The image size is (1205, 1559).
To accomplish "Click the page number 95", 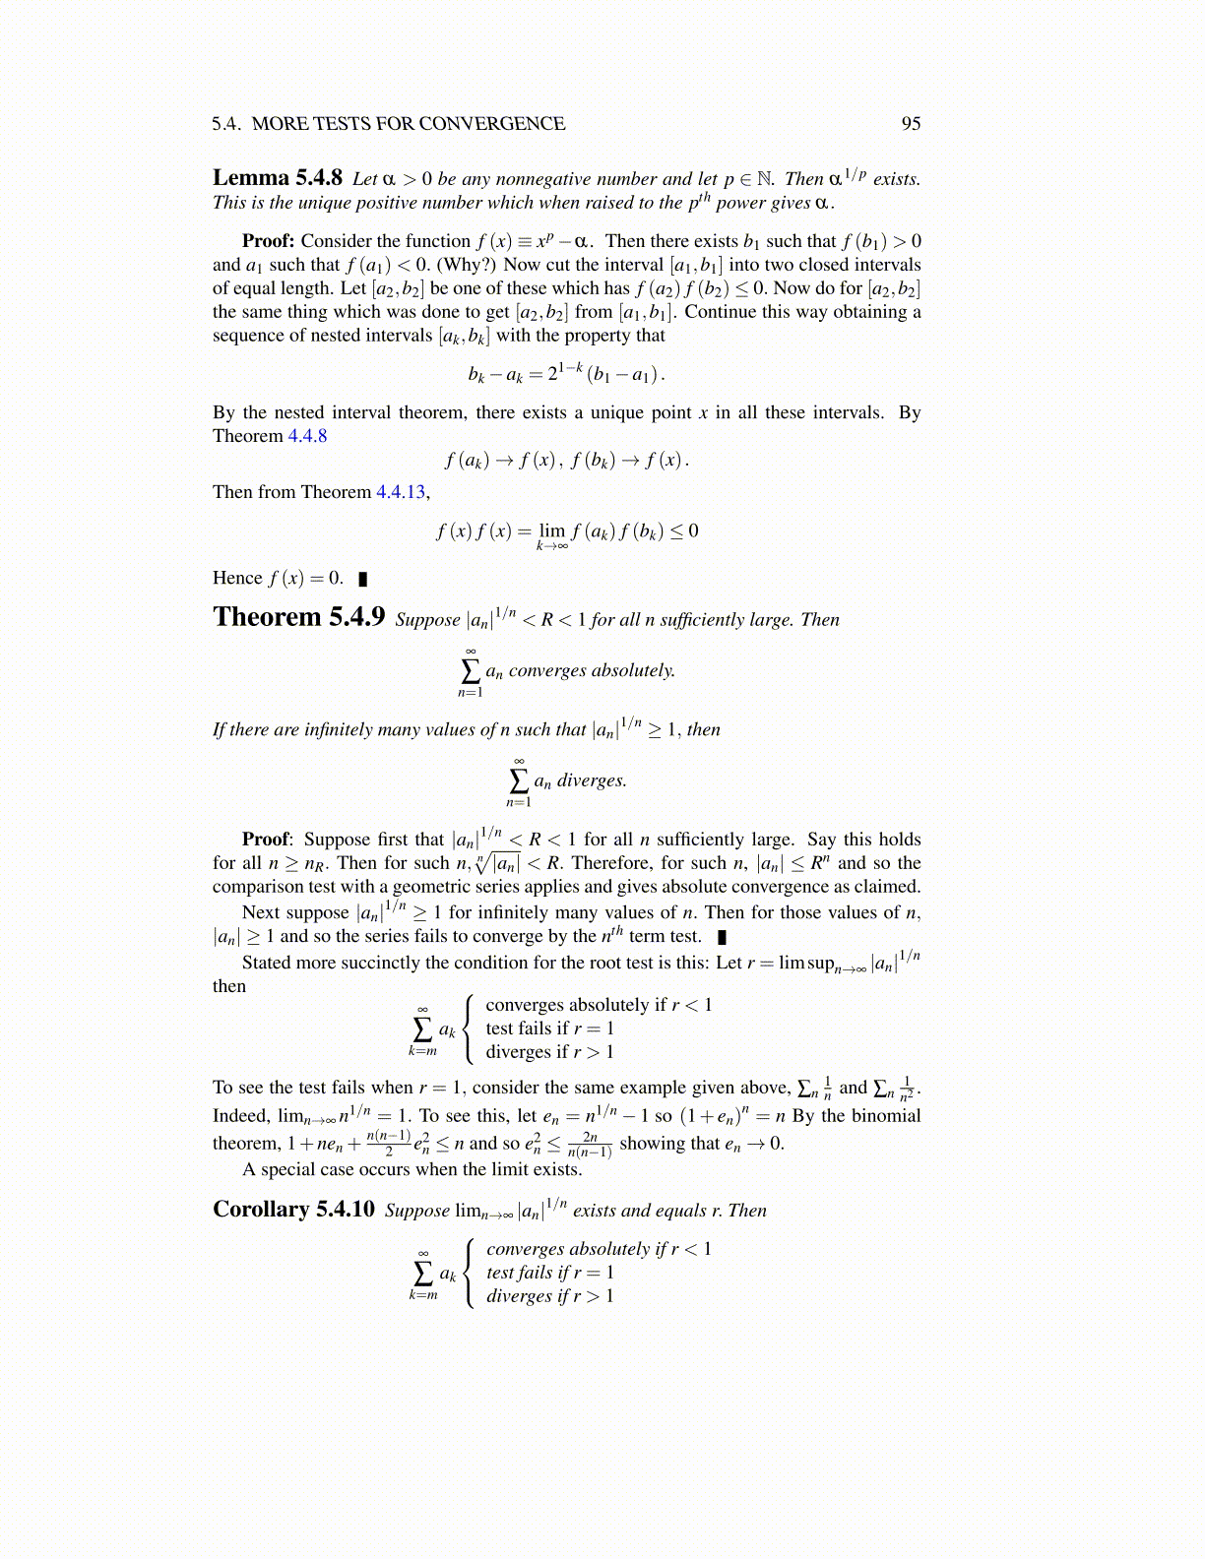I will point(911,123).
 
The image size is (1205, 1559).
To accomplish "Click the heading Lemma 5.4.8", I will point(277,177).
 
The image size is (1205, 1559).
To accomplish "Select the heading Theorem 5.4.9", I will point(298,617).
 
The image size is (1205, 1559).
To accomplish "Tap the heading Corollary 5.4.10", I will point(293,1209).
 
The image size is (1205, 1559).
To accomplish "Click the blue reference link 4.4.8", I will point(307,436).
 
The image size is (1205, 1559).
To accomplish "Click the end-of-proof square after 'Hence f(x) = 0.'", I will point(362,579).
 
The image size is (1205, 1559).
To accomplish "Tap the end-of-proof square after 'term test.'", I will point(722,937).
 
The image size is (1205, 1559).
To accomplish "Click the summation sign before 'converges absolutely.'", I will point(470,670).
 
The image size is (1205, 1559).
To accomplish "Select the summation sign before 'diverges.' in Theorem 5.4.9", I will point(518,780).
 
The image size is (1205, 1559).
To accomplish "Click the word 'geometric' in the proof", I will point(390,887).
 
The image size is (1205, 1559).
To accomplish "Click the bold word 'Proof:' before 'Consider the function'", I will point(268,241).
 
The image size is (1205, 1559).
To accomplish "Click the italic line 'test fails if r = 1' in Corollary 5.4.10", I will point(549,1273).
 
